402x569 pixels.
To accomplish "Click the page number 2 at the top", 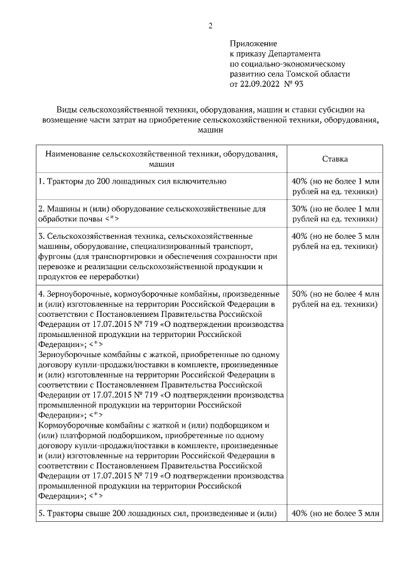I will point(211,26).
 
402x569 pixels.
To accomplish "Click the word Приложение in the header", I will point(253,43).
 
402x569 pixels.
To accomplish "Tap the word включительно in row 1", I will point(196,181).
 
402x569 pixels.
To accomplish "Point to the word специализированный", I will point(168,246).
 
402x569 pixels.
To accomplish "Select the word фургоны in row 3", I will point(55,257).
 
